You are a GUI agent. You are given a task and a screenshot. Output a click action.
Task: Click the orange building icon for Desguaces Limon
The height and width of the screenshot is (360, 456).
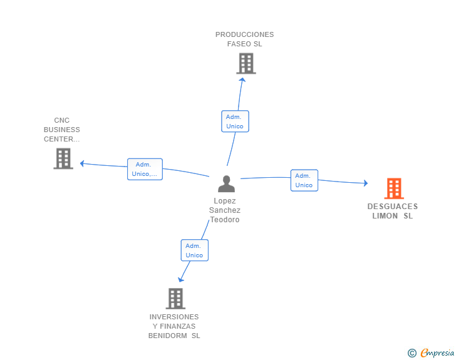tap(394, 188)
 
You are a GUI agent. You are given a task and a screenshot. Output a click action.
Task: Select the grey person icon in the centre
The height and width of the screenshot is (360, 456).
tap(226, 184)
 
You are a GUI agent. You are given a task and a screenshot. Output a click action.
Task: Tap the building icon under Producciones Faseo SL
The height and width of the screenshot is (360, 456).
tap(246, 63)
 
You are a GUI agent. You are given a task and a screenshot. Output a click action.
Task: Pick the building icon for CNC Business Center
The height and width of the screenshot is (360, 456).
tap(63, 158)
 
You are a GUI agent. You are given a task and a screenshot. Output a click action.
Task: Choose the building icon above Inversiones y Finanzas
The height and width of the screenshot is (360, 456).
tap(175, 299)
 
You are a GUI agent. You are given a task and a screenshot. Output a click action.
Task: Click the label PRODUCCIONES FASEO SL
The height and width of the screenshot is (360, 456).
tap(244, 39)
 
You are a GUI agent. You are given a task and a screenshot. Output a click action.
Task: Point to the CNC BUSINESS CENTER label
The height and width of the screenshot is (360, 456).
tap(61, 130)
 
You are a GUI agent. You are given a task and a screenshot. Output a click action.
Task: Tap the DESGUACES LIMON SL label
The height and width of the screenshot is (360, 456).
tap(393, 211)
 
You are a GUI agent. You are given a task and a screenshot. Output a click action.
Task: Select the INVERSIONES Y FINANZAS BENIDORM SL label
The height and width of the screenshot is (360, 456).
tap(174, 326)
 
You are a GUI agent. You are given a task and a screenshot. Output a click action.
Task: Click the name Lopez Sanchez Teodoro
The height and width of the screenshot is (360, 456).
tap(225, 210)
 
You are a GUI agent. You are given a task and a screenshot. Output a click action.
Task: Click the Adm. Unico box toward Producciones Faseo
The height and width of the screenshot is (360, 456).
tap(235, 121)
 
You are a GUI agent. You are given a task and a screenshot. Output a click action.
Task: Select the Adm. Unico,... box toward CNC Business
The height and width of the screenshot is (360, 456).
tap(145, 169)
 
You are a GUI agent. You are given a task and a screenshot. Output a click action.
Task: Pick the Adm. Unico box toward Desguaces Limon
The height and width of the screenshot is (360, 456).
tap(304, 180)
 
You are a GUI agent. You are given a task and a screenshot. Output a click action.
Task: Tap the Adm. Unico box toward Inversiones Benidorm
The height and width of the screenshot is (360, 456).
tap(195, 250)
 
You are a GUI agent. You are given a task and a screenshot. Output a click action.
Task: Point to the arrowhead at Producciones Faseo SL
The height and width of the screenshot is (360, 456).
tap(242, 80)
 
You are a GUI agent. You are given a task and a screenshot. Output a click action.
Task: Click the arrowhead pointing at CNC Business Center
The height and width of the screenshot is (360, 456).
tap(82, 163)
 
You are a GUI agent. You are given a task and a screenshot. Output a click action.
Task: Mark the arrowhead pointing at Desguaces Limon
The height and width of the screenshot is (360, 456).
tap(366, 183)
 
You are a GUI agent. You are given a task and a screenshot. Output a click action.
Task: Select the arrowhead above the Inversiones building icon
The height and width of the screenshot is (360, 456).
tap(180, 280)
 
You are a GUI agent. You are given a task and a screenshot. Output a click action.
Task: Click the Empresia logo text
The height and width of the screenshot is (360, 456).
tap(437, 353)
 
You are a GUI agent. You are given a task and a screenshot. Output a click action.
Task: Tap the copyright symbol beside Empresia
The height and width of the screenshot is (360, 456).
tap(412, 353)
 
